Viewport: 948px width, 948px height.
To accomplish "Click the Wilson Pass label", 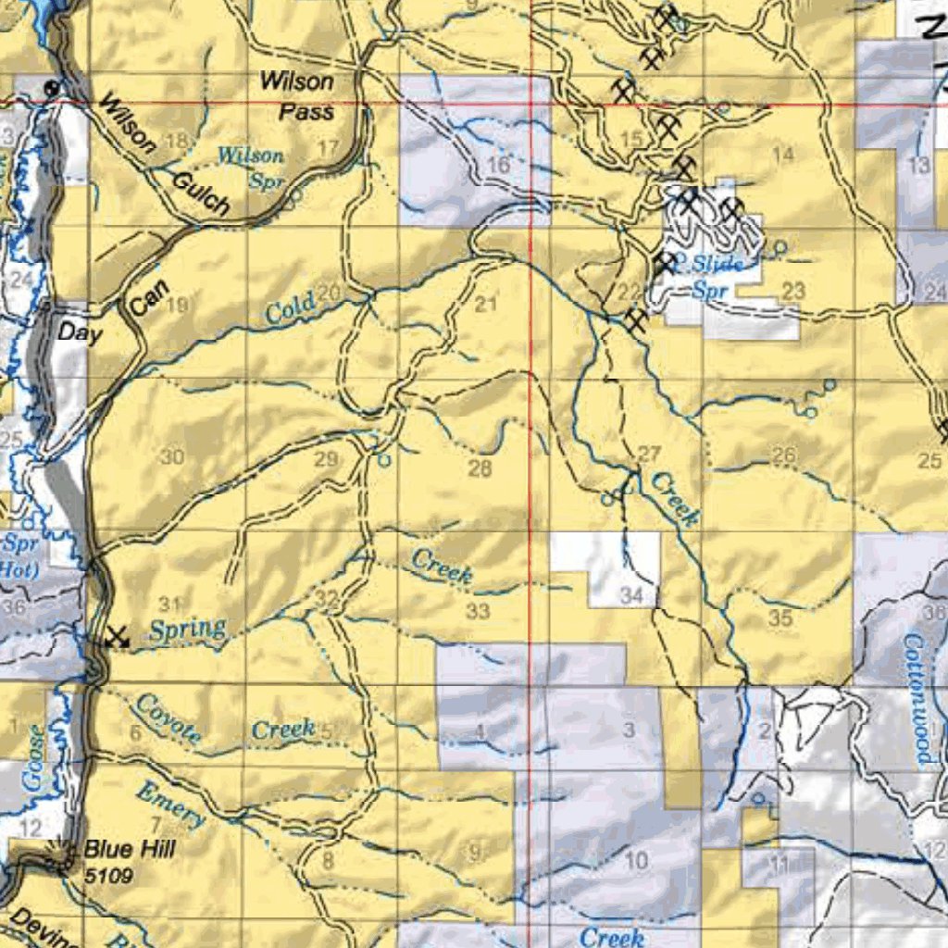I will [x=296, y=95].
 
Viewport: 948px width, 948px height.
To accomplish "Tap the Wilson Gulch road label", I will [x=163, y=154].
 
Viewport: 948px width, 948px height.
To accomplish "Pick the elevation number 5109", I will [x=108, y=875].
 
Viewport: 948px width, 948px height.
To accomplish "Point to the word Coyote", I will [x=168, y=717].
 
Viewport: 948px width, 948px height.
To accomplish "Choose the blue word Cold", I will [x=289, y=309].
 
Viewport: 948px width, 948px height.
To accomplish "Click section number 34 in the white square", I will [x=631, y=595].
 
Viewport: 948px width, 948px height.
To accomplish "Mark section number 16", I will [x=498, y=165].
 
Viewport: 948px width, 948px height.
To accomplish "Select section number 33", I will [x=478, y=611].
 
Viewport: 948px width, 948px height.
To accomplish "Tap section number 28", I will [x=480, y=468].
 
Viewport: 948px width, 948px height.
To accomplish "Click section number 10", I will [x=636, y=862].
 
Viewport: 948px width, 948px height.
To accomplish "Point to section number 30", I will [x=172, y=456].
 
